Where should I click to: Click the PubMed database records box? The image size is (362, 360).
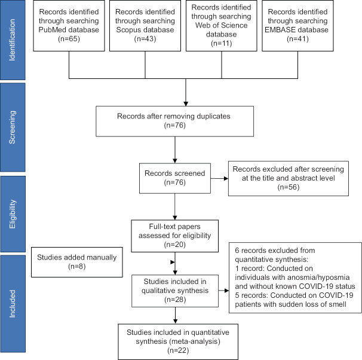(69, 26)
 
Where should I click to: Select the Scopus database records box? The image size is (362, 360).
(145, 26)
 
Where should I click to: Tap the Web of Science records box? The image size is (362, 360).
(222, 26)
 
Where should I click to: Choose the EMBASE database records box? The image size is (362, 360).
(297, 26)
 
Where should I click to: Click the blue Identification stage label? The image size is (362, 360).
(13, 40)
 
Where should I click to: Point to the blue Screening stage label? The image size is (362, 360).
(13, 127)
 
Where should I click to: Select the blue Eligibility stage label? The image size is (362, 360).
(13, 214)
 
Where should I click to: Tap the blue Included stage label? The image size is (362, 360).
(13, 304)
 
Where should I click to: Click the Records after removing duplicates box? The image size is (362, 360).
(175, 121)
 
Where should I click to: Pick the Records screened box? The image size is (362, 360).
(175, 178)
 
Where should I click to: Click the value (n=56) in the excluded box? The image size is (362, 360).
(289, 187)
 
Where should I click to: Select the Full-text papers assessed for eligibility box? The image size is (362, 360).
(175, 236)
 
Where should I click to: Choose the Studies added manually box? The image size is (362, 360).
(77, 262)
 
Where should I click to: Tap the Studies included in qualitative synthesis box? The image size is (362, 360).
(175, 291)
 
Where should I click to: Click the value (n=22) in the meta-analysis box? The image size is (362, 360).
(178, 350)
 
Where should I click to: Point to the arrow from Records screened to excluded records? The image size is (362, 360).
(219, 178)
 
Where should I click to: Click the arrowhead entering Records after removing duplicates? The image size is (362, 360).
(186, 103)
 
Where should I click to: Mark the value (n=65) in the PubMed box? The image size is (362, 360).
(69, 39)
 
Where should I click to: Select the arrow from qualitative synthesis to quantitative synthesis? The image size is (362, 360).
(175, 315)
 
